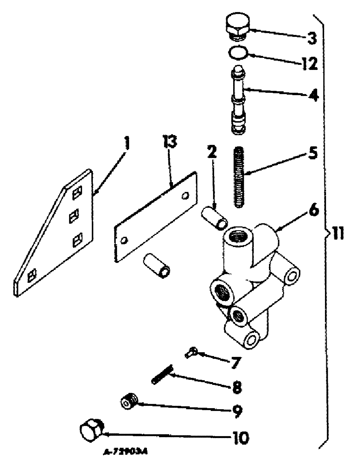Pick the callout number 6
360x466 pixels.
click(312, 211)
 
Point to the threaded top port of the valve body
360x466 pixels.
click(238, 238)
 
